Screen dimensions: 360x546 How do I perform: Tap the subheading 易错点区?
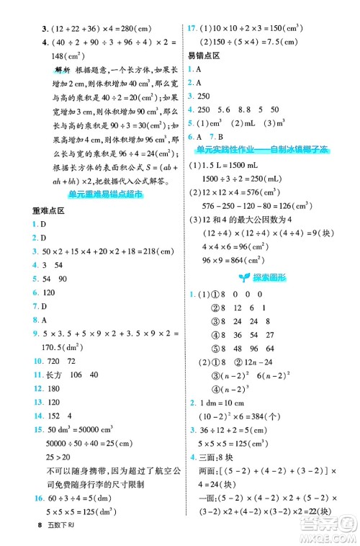[x=204, y=55]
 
